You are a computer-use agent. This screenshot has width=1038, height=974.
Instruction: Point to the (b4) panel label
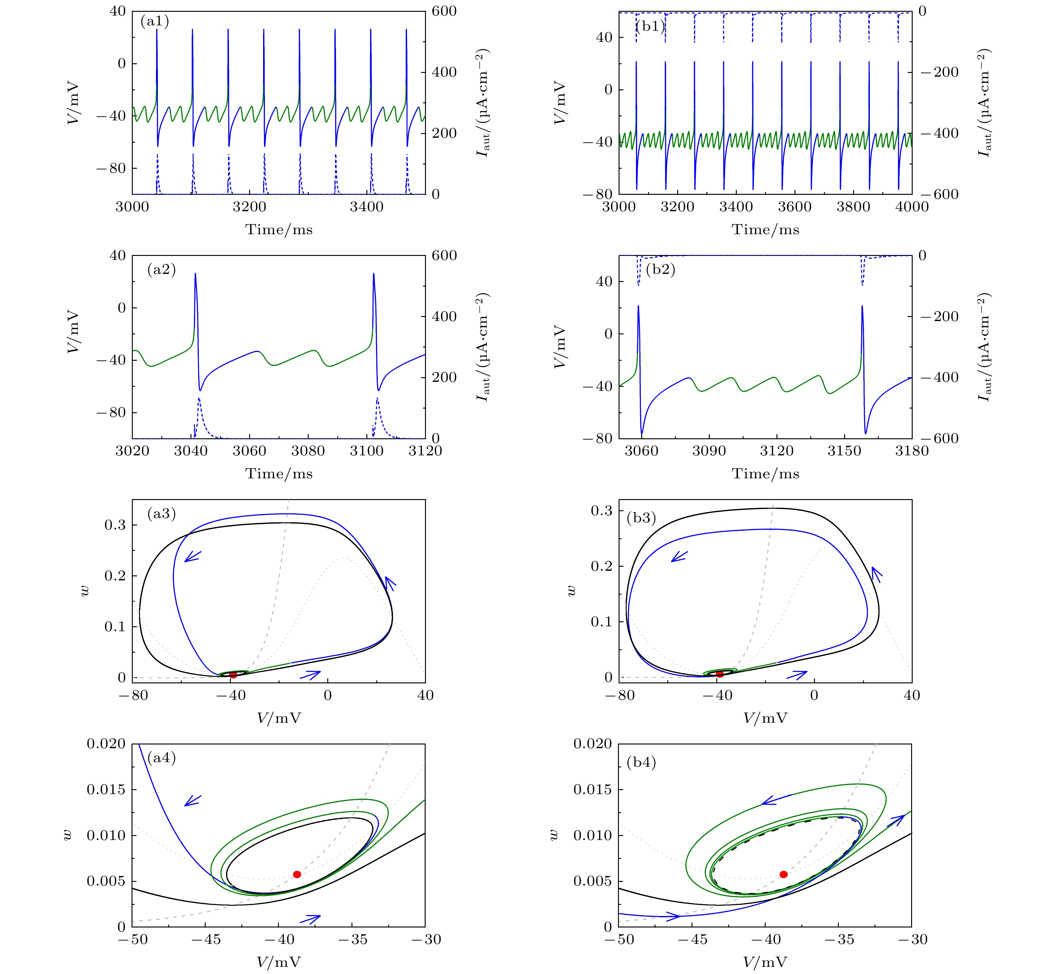(x=641, y=762)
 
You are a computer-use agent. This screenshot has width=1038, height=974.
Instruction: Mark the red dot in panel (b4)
(x=783, y=874)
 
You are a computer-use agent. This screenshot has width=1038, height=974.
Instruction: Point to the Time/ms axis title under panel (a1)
(x=279, y=230)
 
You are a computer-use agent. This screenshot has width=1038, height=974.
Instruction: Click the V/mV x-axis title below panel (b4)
(x=765, y=962)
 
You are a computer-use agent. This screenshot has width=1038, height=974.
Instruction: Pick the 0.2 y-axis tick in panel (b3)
(x=602, y=566)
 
